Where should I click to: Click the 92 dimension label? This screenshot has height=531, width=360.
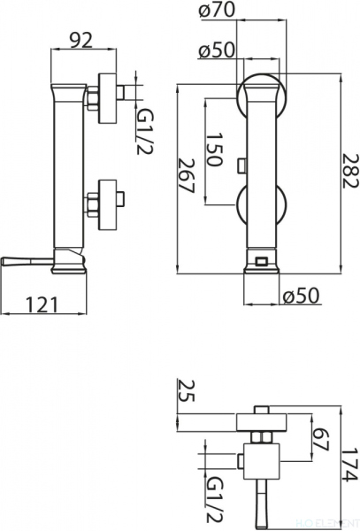(x=81, y=41)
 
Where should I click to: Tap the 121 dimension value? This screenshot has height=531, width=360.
(x=42, y=304)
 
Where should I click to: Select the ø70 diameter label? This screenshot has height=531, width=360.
(x=217, y=9)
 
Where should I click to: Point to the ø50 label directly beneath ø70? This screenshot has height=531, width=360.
(x=217, y=50)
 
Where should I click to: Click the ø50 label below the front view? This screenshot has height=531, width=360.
(x=301, y=295)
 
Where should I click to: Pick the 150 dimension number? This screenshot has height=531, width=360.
(x=215, y=150)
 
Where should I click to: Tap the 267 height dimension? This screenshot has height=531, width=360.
(x=186, y=175)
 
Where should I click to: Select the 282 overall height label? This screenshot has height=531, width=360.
(x=349, y=171)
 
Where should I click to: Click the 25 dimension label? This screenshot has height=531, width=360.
(x=186, y=390)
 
